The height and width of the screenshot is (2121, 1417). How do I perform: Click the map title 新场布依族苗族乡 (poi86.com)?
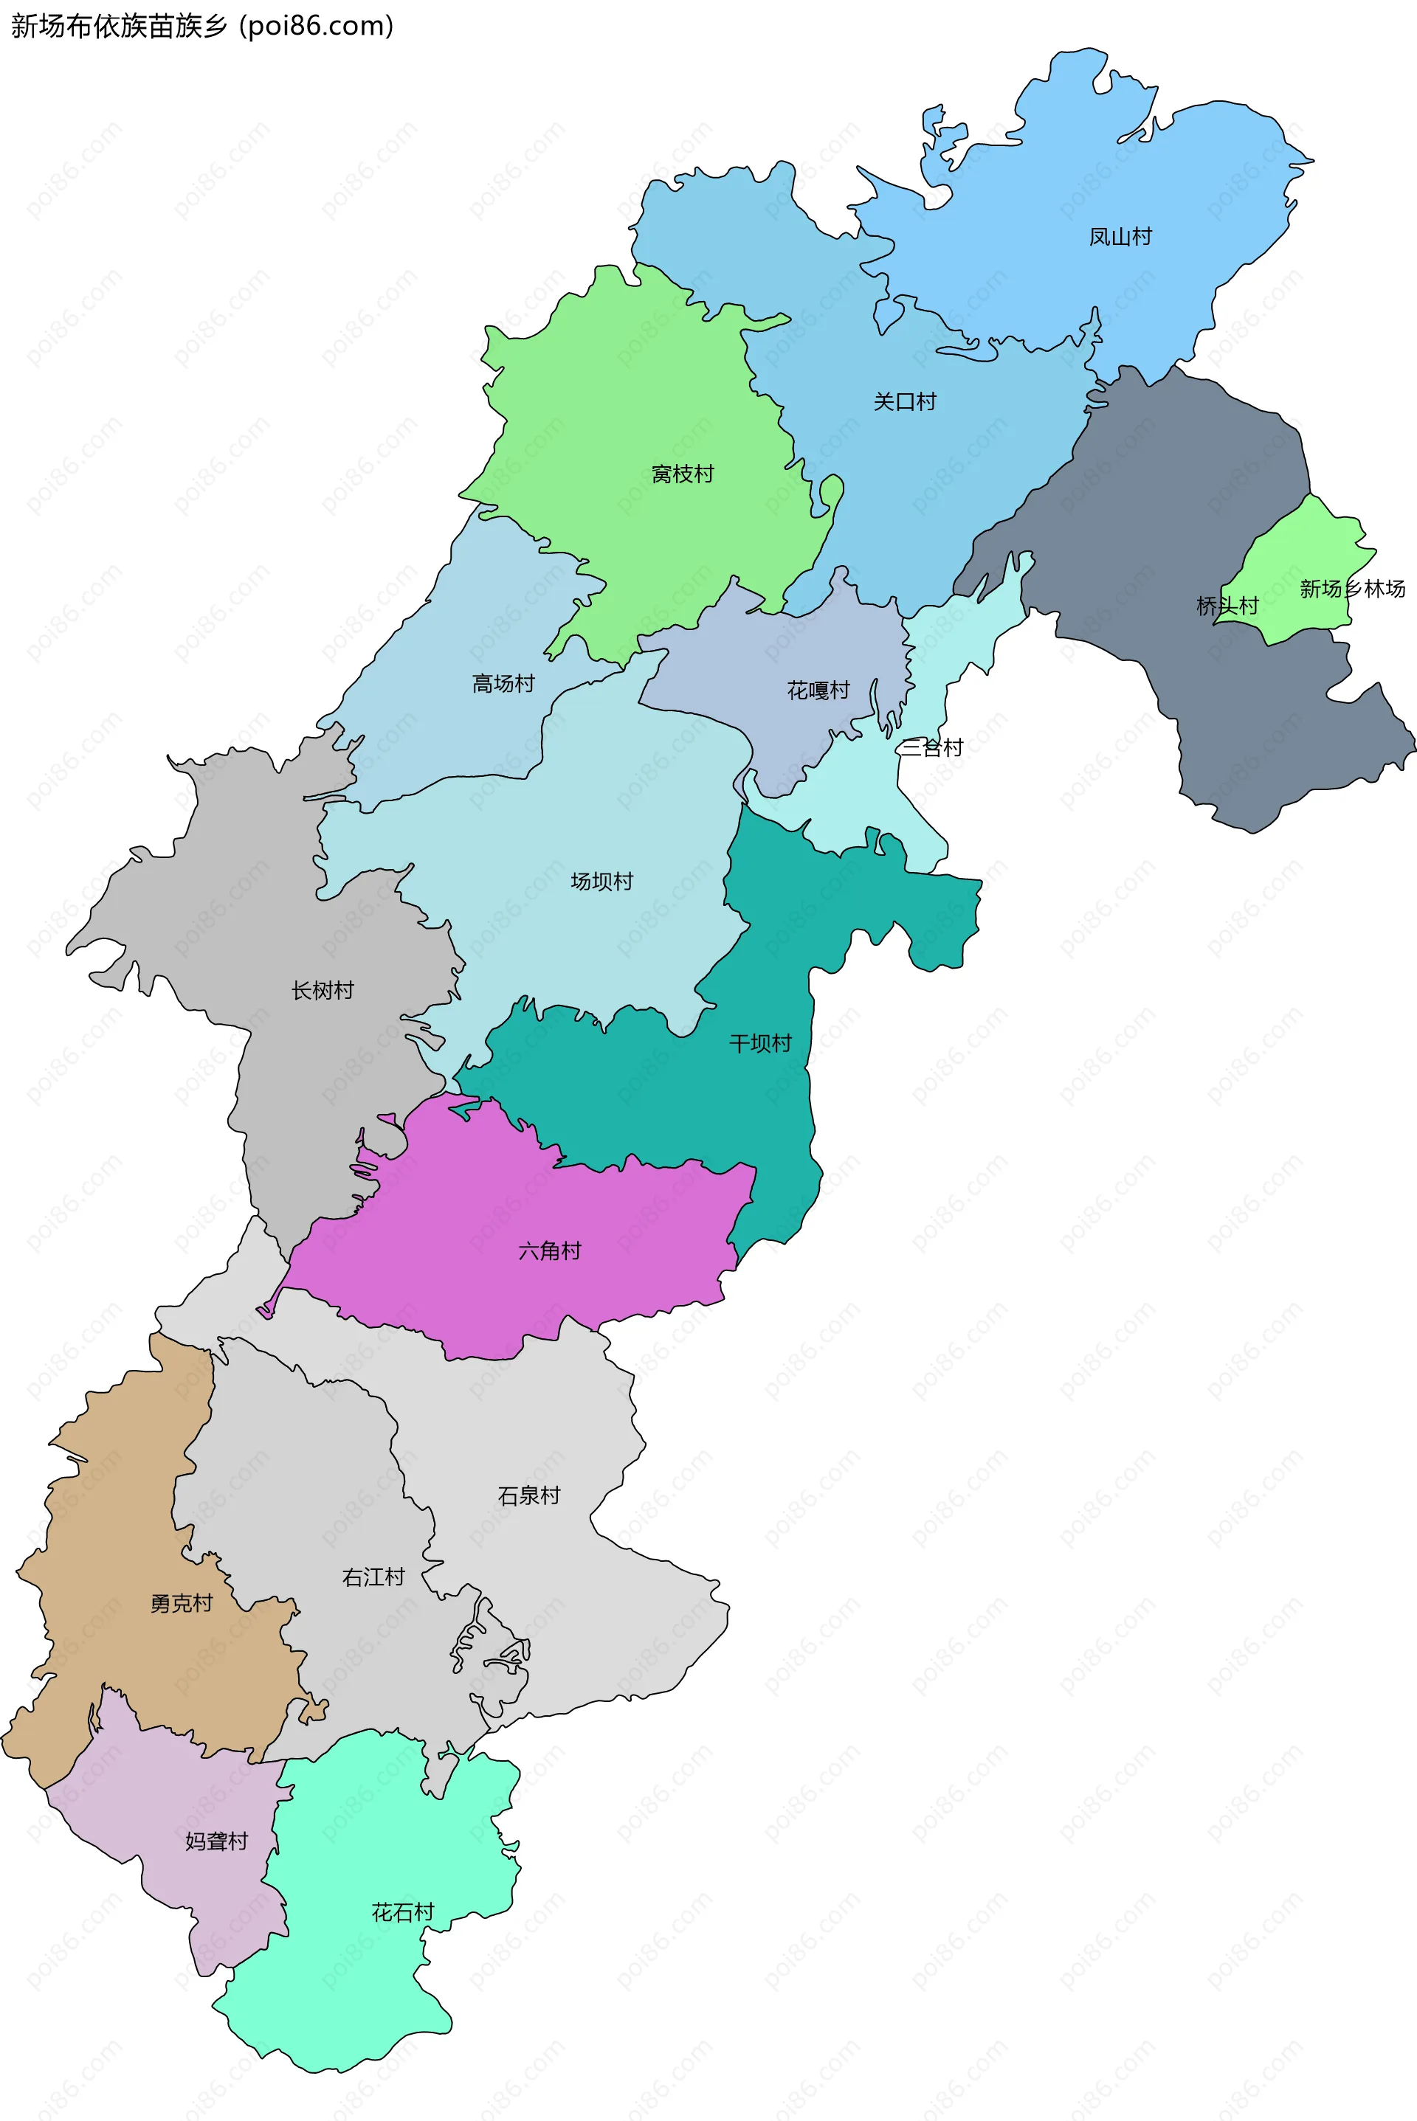pos(202,27)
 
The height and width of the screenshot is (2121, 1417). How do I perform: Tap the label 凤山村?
pos(1120,237)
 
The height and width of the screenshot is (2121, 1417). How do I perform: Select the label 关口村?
pos(905,402)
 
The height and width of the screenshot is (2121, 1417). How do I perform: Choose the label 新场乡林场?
pos(1352,589)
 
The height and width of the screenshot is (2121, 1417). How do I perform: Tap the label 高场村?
pos(503,684)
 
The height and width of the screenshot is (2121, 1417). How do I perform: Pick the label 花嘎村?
pos(818,691)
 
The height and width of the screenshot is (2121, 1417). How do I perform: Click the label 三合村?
pos(931,747)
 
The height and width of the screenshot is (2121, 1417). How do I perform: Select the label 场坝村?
pos(602,882)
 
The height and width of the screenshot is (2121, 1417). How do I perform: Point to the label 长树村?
pos(323,991)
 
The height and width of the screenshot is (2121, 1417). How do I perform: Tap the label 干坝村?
pos(760,1044)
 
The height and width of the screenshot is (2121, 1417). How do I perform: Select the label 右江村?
pos(373,1577)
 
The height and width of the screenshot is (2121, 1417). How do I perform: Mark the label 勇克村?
pos(182,1603)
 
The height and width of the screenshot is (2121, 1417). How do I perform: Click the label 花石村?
pos(403,1912)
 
